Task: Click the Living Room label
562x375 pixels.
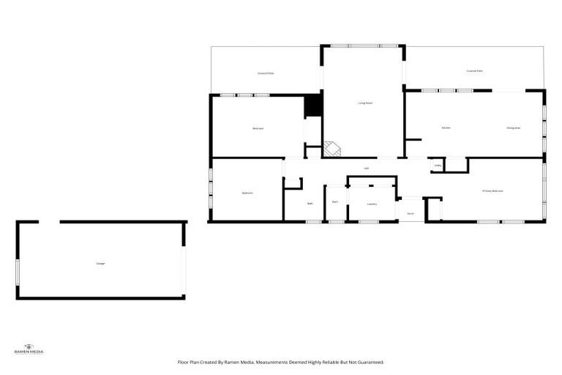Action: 365,103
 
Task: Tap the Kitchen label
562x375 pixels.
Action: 446,127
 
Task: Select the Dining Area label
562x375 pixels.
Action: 513,127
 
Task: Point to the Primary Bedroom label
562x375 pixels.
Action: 492,191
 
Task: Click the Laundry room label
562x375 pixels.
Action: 372,204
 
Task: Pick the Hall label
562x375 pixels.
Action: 366,168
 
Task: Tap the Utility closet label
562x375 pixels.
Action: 438,166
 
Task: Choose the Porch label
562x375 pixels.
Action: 411,213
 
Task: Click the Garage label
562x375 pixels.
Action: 100,263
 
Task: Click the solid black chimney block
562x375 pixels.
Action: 313,105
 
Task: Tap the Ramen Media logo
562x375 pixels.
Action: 29,349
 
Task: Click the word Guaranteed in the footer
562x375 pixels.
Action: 367,362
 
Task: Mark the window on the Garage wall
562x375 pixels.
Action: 18,271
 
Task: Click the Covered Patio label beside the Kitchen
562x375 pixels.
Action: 474,71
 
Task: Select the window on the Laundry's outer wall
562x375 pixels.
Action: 368,221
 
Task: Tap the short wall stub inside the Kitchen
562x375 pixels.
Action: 413,139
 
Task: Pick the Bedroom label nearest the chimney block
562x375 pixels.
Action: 258,128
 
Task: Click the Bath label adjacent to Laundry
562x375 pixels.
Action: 334,201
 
